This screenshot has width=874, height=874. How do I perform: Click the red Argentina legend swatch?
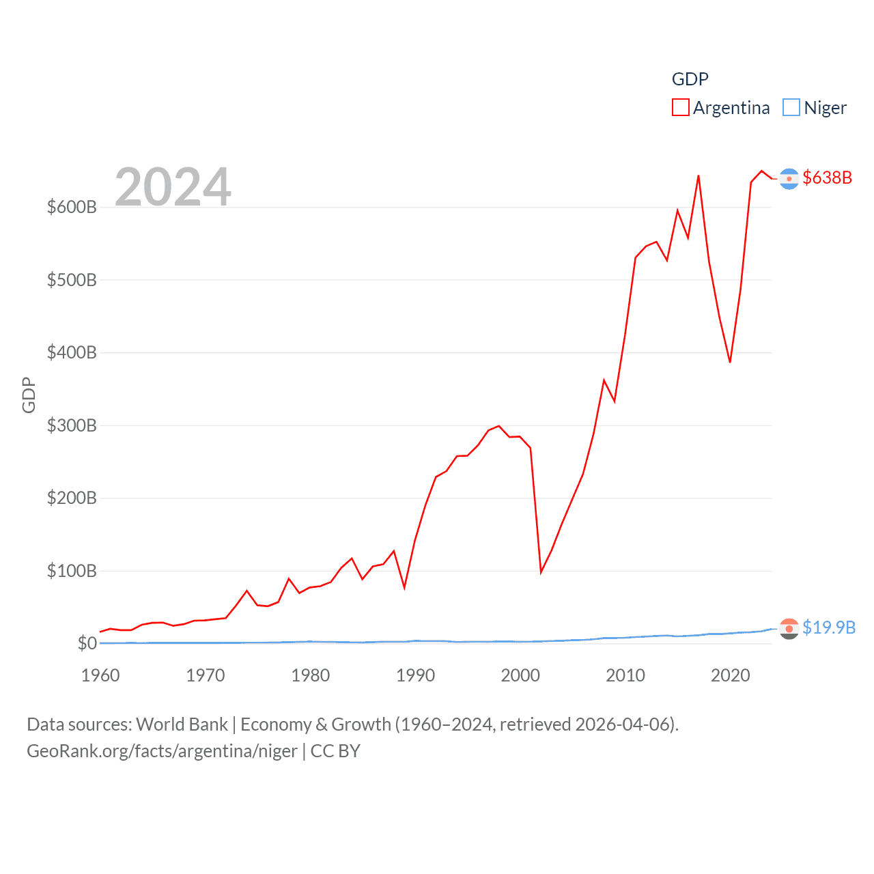(680, 108)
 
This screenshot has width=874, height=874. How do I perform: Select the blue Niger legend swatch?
(791, 108)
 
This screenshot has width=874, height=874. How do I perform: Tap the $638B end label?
(827, 178)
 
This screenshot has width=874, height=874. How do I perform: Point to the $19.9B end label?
(828, 628)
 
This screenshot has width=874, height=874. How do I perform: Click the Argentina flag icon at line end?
(789, 179)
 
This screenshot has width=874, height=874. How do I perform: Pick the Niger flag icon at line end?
(789, 628)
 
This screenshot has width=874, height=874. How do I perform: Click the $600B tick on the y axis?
(72, 207)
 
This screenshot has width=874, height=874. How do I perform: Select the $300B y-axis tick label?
(72, 425)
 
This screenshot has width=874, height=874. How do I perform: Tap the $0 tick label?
(87, 643)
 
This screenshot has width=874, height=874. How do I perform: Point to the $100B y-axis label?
(72, 571)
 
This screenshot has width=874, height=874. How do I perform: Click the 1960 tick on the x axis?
(100, 675)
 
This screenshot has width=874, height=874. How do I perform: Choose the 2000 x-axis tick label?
(520, 675)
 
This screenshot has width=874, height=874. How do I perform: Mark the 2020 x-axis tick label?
(730, 675)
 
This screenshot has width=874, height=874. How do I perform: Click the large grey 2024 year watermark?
(173, 186)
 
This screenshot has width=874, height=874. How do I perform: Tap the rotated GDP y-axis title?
(29, 395)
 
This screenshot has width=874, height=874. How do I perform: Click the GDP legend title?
(690, 79)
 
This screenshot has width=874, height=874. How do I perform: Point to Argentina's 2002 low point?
(541, 572)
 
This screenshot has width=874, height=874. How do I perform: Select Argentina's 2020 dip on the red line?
(730, 361)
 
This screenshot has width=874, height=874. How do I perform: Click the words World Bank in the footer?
(182, 724)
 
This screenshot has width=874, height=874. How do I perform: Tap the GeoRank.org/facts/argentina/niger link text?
(162, 751)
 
